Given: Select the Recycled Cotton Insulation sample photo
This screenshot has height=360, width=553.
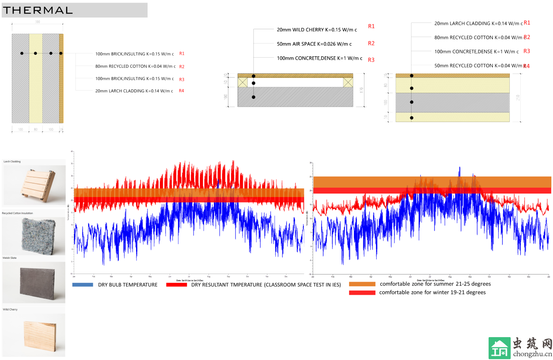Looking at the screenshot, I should click(x=34, y=236).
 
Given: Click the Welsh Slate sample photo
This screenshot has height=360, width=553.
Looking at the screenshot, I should click(x=34, y=282).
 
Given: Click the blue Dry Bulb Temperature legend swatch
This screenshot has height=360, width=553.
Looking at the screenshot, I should click(x=83, y=285).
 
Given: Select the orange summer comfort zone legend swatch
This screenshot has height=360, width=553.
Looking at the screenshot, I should click(x=362, y=284).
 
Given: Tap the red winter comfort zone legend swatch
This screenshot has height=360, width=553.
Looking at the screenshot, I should click(x=362, y=293).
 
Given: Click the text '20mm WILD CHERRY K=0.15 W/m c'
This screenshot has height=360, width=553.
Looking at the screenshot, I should click(x=317, y=30).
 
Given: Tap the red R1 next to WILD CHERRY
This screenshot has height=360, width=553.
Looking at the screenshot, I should click(x=371, y=26).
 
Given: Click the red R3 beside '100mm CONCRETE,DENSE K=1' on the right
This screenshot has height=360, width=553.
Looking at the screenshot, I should click(x=527, y=51).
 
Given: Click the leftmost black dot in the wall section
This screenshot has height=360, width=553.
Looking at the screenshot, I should click(x=22, y=53).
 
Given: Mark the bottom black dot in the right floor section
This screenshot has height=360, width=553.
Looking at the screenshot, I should click(x=411, y=118).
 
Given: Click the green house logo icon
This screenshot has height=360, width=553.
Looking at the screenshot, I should click(x=499, y=348).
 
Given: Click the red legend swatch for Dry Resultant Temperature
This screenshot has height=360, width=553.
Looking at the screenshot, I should click(x=177, y=285).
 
